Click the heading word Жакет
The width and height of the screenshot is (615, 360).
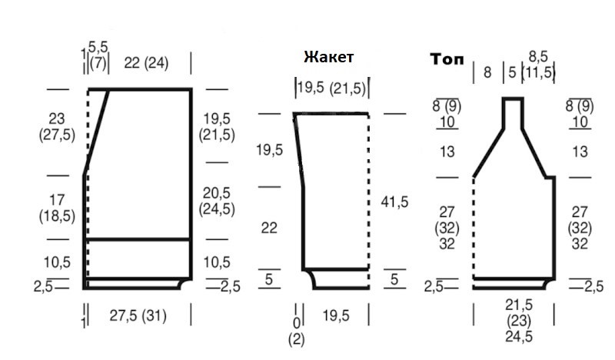pos(329,57)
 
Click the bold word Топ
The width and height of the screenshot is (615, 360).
pos(447,59)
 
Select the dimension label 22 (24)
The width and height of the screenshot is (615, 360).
pos(146,63)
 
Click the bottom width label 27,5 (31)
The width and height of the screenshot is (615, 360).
pos(138,315)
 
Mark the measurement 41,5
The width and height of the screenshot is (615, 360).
pos(394,202)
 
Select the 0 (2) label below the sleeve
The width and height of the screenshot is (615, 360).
pos(296,332)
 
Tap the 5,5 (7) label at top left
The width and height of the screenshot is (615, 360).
pos(98,55)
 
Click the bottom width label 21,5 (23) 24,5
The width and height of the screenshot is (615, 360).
pos(518,321)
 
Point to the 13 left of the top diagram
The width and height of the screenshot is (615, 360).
pos(447,152)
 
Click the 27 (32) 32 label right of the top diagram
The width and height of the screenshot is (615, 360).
pos(580,228)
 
